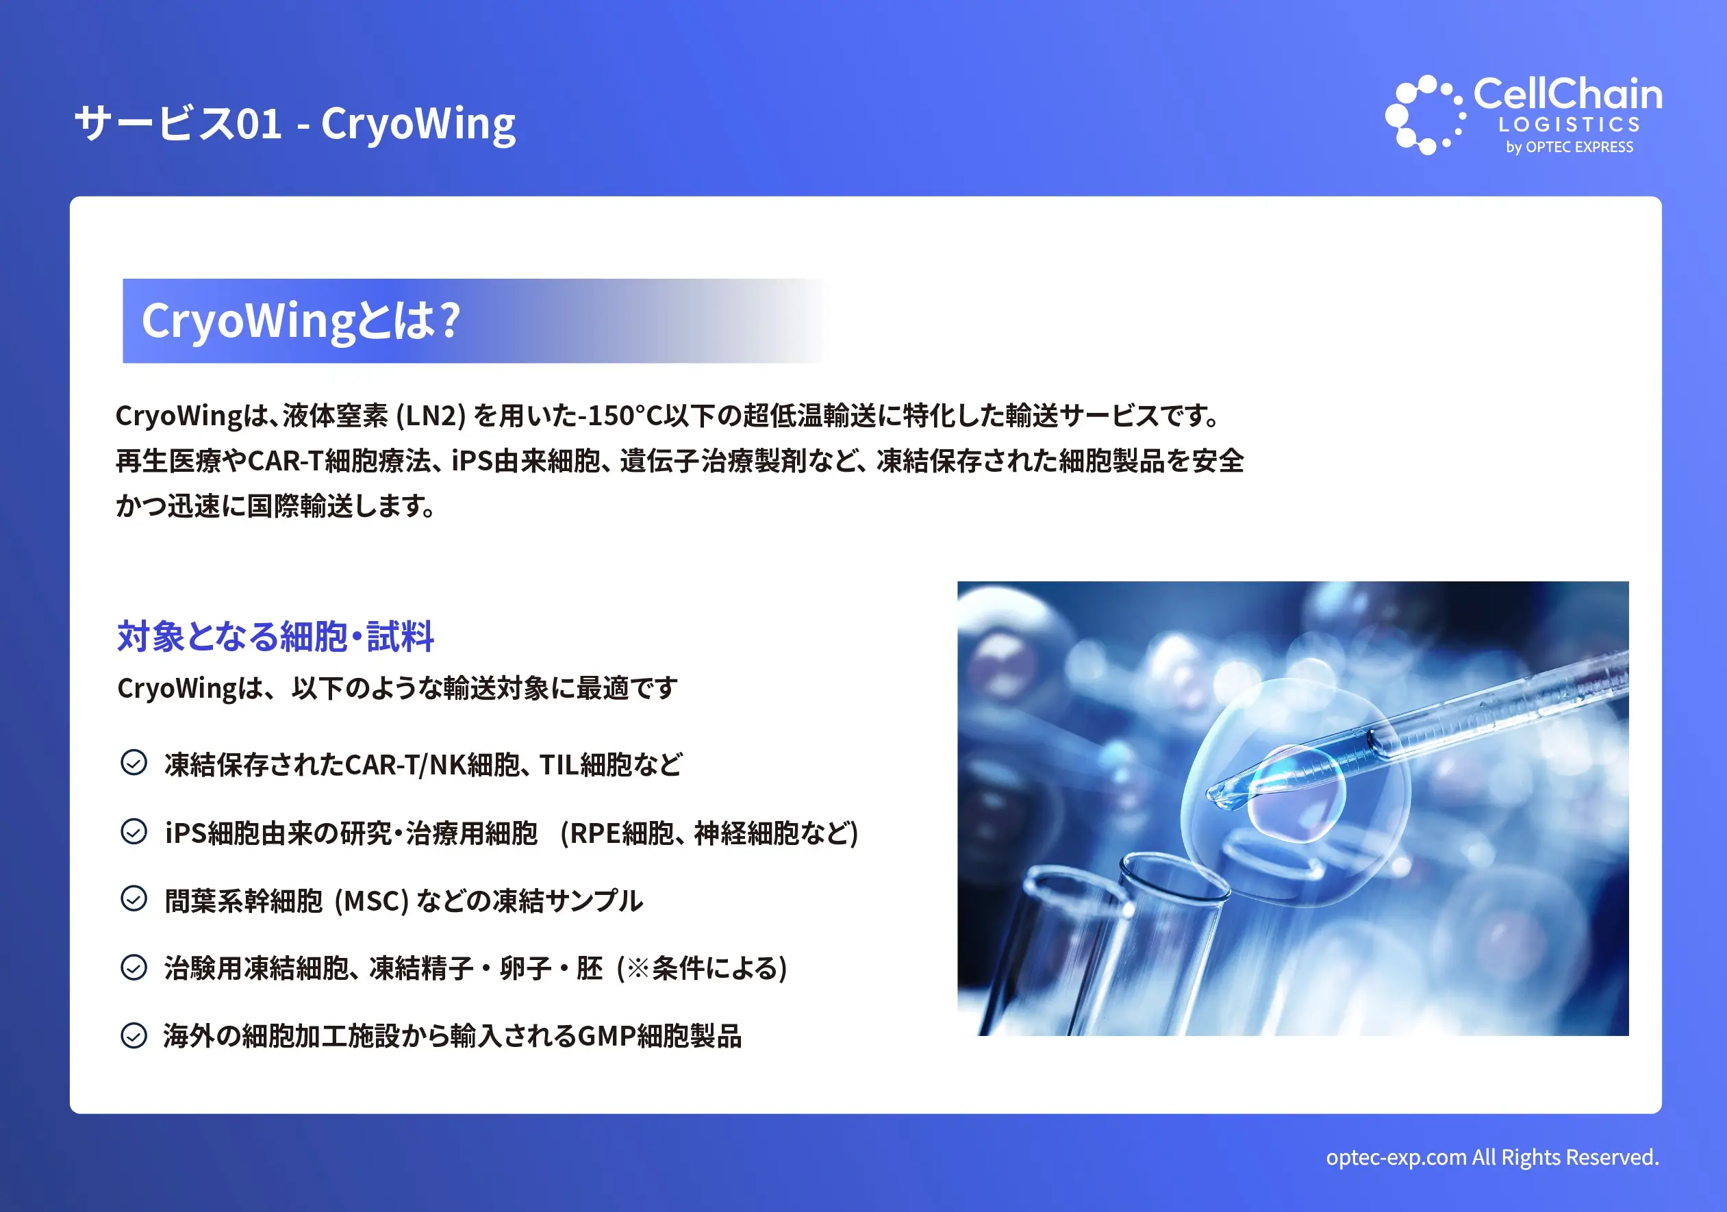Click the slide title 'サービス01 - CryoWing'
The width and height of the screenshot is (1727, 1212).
coord(296,123)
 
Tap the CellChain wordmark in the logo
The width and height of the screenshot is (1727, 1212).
coord(1567,94)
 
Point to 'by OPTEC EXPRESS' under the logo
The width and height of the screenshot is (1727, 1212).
coord(1569,147)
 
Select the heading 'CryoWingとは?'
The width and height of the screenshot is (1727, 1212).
coord(301,321)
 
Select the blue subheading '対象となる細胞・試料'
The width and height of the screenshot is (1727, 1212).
coord(275,636)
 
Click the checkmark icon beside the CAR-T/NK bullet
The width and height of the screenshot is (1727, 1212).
coord(134,763)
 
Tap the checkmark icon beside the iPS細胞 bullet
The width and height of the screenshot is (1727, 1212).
coord(134,831)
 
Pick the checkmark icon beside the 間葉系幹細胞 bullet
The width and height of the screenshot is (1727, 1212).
coord(134,898)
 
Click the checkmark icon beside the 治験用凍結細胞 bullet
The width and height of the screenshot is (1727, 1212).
coord(134,967)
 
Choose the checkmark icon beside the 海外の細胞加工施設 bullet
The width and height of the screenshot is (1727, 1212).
coord(134,1035)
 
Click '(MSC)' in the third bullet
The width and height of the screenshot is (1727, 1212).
coord(372,900)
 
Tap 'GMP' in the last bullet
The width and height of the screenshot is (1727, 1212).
coord(606,1037)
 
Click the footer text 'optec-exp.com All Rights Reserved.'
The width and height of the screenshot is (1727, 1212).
coord(1492,1157)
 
